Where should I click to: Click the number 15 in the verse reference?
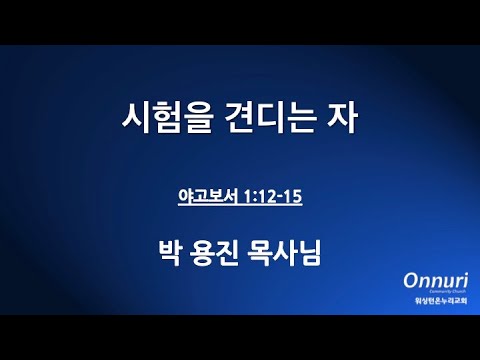tap(292, 197)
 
